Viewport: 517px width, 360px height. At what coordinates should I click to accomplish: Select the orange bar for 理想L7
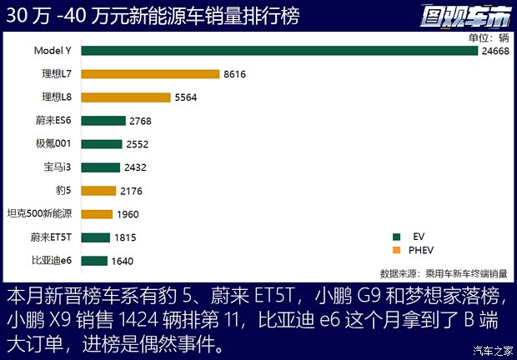149,74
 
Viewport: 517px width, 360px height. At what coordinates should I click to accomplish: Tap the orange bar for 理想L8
126,97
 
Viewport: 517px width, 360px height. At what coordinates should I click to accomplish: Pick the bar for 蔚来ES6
103,121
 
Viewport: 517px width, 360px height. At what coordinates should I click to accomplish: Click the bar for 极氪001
101,144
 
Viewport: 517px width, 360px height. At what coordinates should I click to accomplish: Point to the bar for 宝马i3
100,167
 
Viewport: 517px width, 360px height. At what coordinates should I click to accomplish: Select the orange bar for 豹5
98,191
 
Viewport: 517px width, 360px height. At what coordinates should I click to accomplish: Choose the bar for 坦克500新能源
97,214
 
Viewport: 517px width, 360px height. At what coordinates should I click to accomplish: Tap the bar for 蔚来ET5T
95,237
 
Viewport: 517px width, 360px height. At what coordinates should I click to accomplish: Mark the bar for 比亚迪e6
94,261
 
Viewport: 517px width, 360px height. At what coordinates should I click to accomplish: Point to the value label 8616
235,74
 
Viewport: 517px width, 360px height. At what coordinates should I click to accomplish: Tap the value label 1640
124,261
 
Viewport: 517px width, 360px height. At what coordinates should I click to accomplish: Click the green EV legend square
395,235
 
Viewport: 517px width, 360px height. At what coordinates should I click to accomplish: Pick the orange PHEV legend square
395,250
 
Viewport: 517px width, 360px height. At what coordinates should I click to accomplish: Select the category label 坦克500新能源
39,214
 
